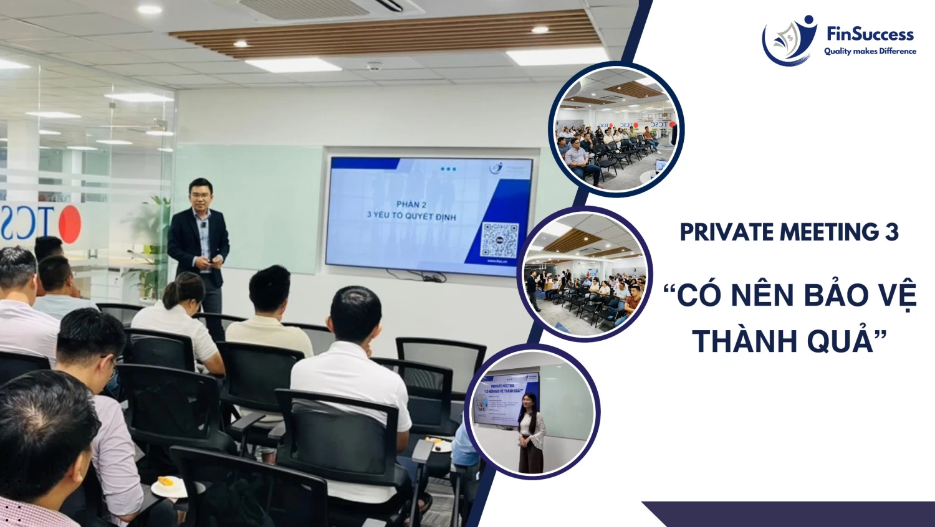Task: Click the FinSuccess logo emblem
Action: pyautogui.click(x=789, y=40)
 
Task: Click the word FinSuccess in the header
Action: pyautogui.click(x=870, y=34)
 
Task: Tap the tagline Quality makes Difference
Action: pyautogui.click(x=870, y=51)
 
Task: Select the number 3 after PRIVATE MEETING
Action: pyautogui.click(x=891, y=232)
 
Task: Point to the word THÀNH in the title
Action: pyautogui.click(x=736, y=341)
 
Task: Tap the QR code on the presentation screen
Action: pyautogui.click(x=500, y=240)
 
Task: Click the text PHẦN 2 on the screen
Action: pyautogui.click(x=411, y=204)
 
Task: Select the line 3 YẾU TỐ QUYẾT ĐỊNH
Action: pyautogui.click(x=411, y=216)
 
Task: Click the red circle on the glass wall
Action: pyautogui.click(x=69, y=224)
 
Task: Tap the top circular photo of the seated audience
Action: pyautogui.click(x=616, y=130)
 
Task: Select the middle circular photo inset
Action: pyautogui.click(x=584, y=274)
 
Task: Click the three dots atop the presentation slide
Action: pyautogui.click(x=448, y=169)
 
